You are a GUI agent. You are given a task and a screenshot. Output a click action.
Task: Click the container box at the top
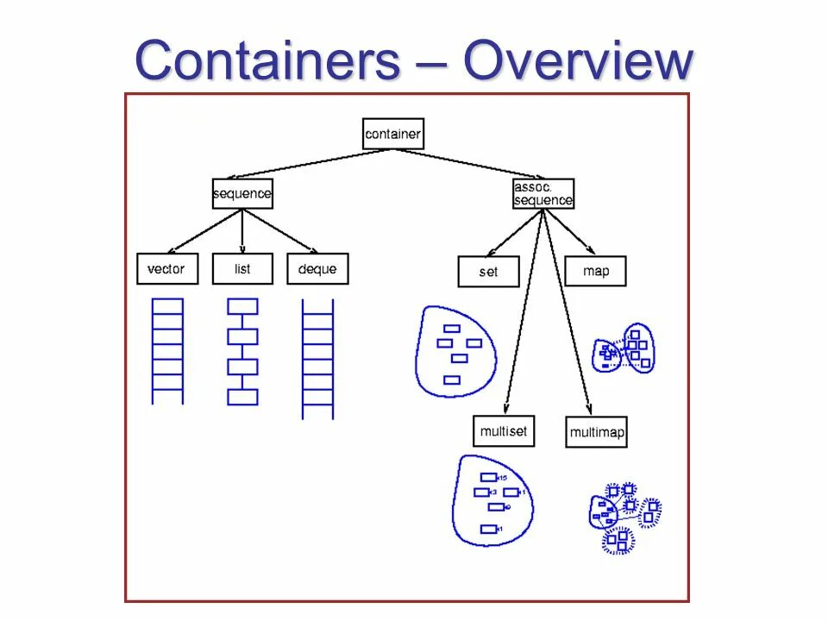pyautogui.click(x=393, y=134)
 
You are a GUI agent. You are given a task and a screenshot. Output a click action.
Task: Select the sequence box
pyautogui.click(x=242, y=193)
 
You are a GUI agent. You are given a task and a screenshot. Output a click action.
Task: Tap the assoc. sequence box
pyautogui.click(x=543, y=193)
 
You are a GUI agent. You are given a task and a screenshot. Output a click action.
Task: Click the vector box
pyautogui.click(x=166, y=269)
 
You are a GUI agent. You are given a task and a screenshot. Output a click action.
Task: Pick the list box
pyautogui.click(x=242, y=269)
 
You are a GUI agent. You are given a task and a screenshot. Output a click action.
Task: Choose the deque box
pyautogui.click(x=317, y=269)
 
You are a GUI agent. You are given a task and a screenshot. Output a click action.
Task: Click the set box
pyautogui.click(x=488, y=272)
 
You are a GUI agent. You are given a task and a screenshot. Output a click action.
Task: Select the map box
pyautogui.click(x=595, y=271)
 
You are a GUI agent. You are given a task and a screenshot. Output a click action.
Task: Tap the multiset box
pyautogui.click(x=504, y=431)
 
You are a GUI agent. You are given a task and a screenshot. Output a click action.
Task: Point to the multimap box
pyautogui.click(x=597, y=432)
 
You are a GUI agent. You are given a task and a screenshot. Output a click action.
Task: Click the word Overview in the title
pyautogui.click(x=578, y=61)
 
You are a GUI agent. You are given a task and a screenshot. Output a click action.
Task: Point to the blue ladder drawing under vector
pyautogui.click(x=167, y=350)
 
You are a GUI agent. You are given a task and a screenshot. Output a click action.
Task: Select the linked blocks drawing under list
pyautogui.click(x=242, y=352)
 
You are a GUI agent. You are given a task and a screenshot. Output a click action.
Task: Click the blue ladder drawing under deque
pyautogui.click(x=317, y=357)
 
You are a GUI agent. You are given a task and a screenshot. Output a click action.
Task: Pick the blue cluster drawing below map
pyautogui.click(x=624, y=348)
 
